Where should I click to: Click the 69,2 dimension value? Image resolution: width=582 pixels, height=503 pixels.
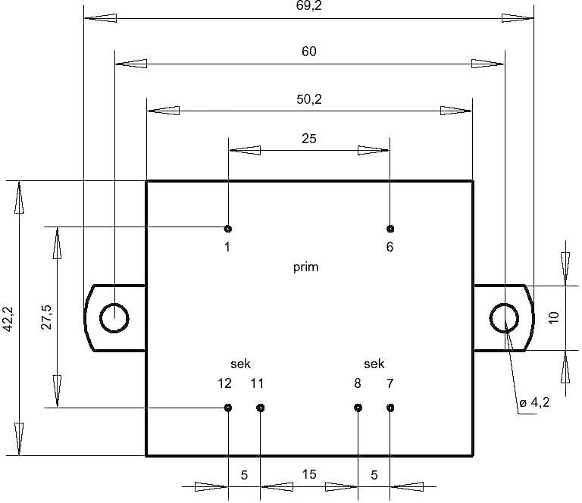pos(308,6)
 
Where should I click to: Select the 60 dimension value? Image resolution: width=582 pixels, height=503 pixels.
pos(308,52)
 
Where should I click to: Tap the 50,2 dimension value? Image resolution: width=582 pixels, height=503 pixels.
pos(308,98)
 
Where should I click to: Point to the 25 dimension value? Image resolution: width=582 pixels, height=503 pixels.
pos(308,139)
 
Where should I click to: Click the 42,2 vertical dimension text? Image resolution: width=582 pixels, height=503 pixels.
pos(8,320)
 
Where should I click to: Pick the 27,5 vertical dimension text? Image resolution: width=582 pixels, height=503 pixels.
pos(46,318)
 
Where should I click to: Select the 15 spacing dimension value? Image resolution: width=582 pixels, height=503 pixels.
pos(309,475)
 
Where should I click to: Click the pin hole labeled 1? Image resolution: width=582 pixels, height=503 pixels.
pos(228,229)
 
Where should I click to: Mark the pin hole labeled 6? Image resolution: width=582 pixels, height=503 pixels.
pos(390,229)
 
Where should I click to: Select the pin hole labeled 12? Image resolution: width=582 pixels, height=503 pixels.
pos(228,408)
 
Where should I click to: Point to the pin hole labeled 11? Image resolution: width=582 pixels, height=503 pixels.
pos(260,408)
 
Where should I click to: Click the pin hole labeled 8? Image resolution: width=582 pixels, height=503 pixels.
pos(358,408)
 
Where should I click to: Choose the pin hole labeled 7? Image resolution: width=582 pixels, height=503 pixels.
pos(390,408)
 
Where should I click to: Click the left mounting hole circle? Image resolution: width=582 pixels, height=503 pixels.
pos(114,318)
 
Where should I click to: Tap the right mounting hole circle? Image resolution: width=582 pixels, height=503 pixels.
pos(504,318)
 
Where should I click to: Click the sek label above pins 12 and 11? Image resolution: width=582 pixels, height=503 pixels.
pos(240,364)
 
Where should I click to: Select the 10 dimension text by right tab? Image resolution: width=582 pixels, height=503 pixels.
pos(553,318)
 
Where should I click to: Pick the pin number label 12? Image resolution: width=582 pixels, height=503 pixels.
pos(224,383)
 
